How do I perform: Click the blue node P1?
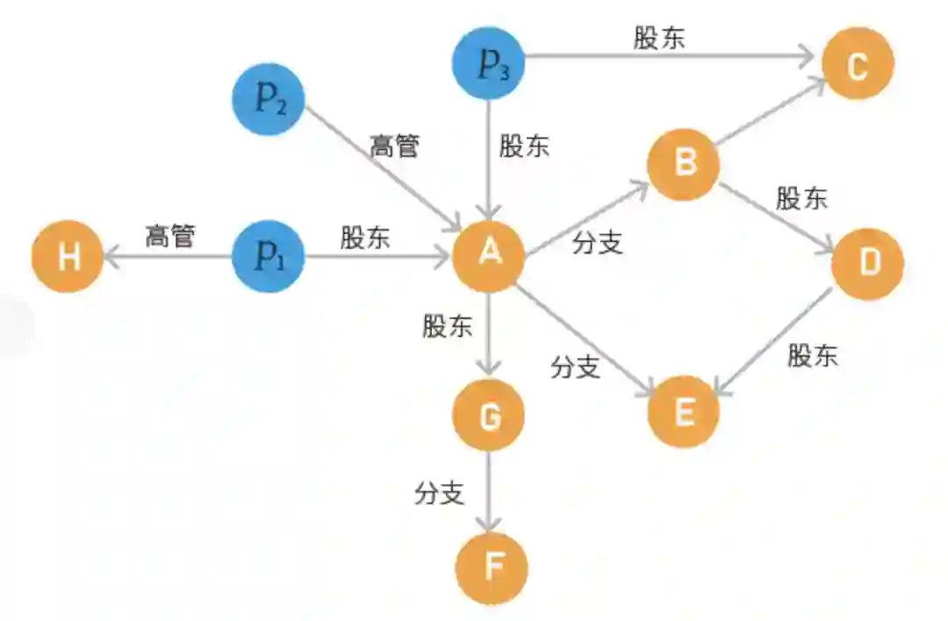[x=268, y=257]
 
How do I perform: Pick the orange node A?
[x=489, y=255]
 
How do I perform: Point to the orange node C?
[x=858, y=64]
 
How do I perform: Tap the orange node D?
[x=867, y=263]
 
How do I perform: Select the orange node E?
[x=684, y=412]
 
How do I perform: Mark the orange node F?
[x=492, y=568]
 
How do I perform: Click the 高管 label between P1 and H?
[x=170, y=236]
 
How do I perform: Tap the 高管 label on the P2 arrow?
[x=394, y=146]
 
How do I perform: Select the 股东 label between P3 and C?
[x=659, y=39]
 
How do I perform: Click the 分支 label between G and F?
[x=439, y=494]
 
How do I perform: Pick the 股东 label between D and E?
[x=813, y=355]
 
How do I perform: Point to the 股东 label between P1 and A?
[x=366, y=238]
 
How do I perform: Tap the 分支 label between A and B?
[x=598, y=243]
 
